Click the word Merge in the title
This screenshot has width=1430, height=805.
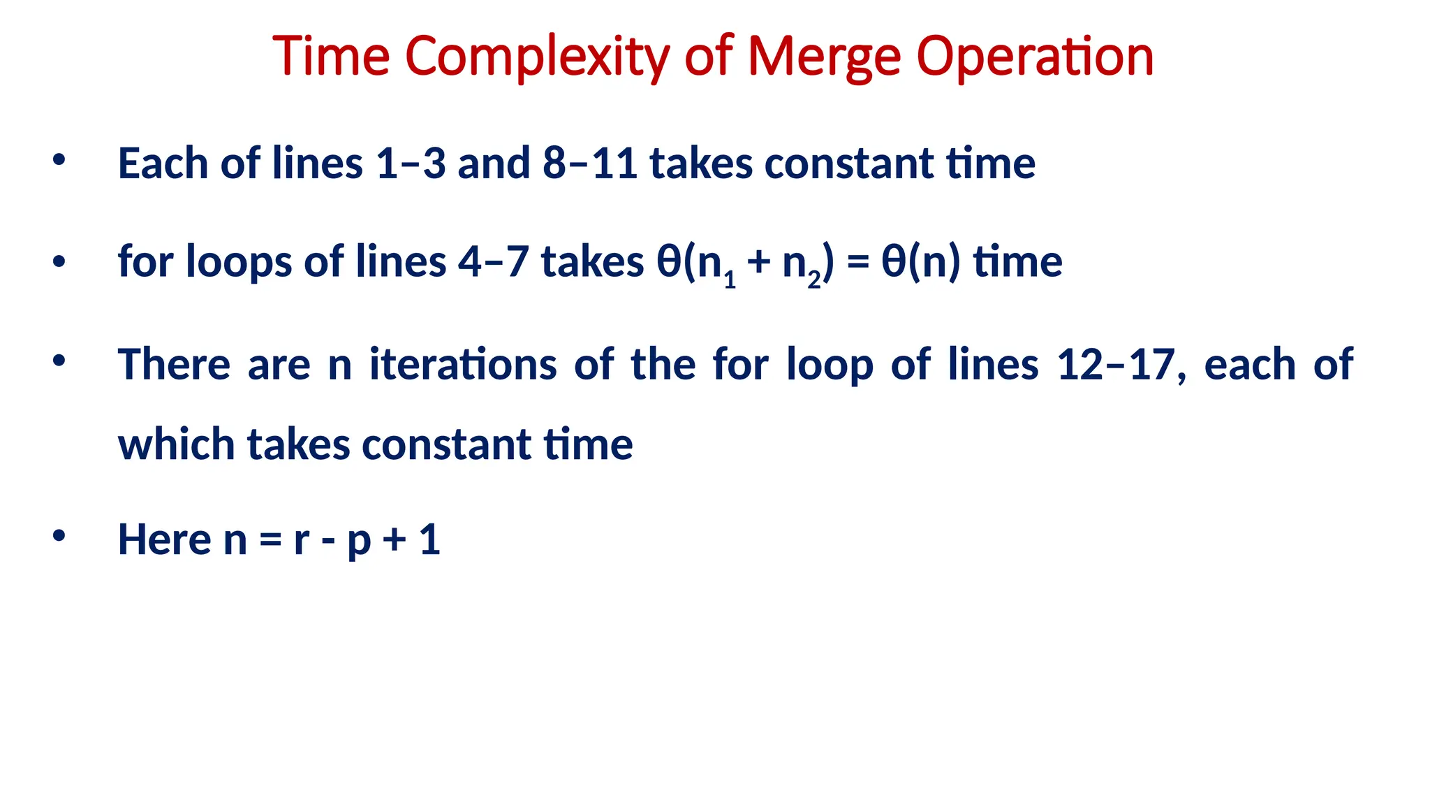[x=824, y=57]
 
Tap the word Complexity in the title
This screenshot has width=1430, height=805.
[x=537, y=57]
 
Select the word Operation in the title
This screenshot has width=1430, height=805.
[x=1035, y=57]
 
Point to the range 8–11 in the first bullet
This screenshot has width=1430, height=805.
[x=589, y=164]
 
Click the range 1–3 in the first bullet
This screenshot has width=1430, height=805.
[x=411, y=164]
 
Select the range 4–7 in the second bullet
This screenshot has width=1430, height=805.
[x=493, y=262]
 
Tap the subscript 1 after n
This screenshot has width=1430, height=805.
[x=730, y=281]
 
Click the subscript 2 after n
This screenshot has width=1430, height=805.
[x=814, y=281]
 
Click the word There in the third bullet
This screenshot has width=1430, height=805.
[x=174, y=365]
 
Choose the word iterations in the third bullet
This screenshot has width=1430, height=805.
[x=463, y=365]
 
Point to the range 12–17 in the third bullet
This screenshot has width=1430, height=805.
[x=1114, y=365]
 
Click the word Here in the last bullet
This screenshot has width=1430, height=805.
[x=164, y=539]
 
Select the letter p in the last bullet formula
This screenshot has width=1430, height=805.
[x=358, y=542]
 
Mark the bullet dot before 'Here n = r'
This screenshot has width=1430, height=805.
[x=59, y=536]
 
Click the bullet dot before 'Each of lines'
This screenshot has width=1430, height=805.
[x=59, y=160]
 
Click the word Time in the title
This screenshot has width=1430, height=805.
[x=331, y=57]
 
